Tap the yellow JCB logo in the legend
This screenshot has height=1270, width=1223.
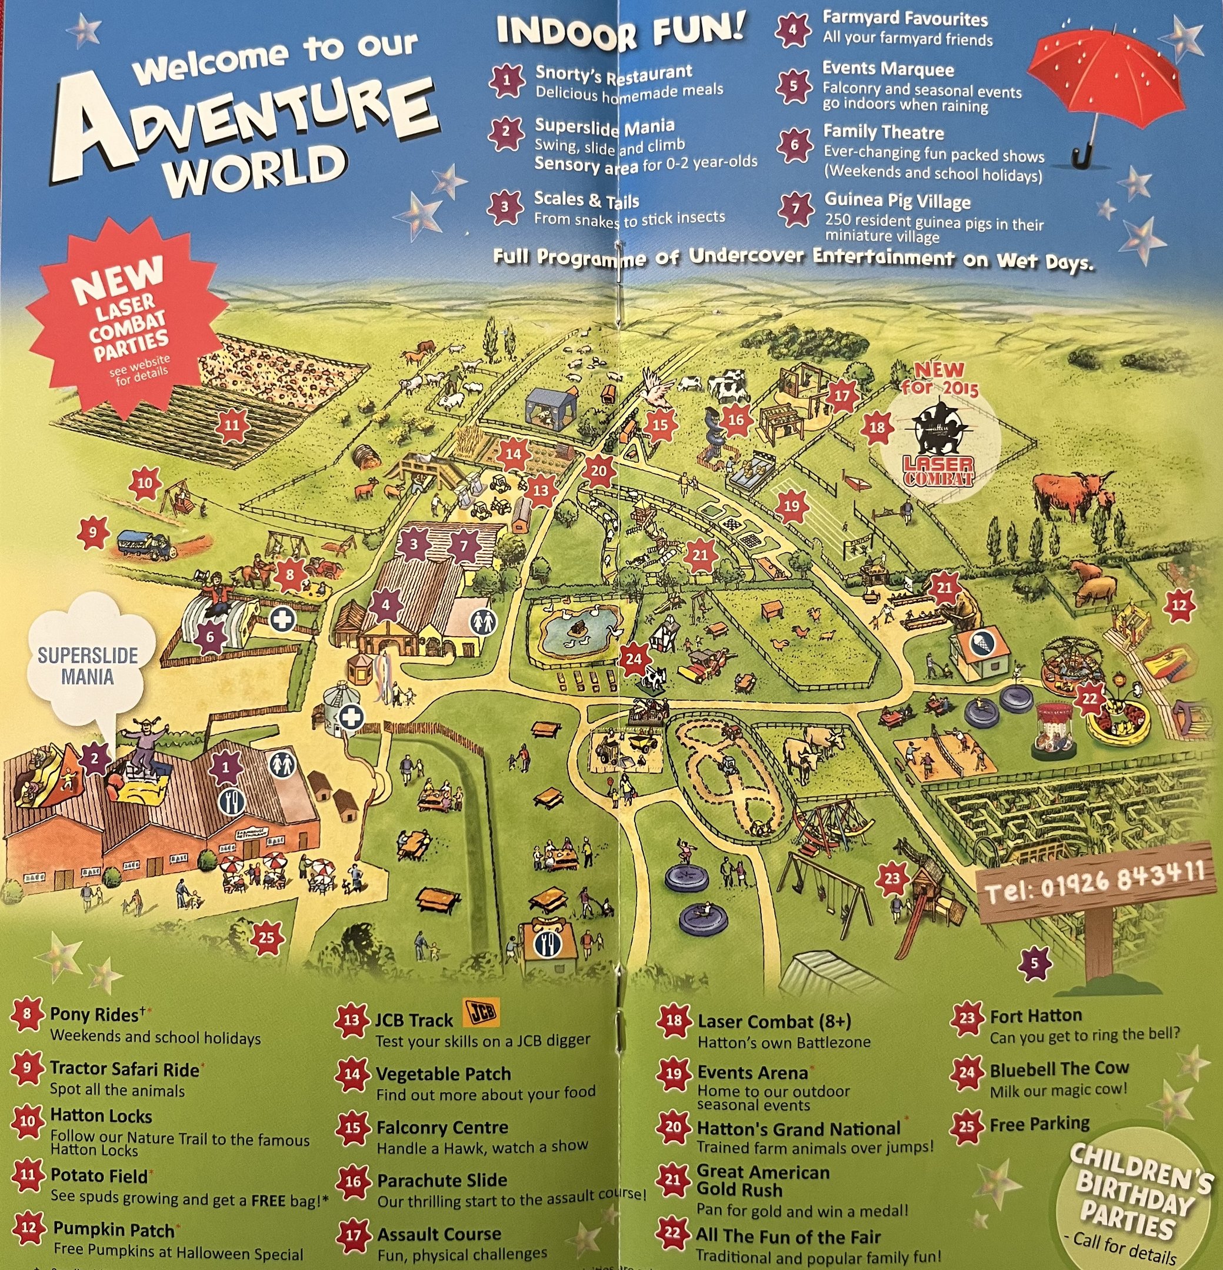pos(481,1014)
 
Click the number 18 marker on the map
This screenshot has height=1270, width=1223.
pos(877,427)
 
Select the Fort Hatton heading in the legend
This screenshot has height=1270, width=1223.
pos(1035,1016)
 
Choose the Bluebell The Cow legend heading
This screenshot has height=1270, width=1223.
pos(1058,1069)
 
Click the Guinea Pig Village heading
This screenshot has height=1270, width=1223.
pos(897,202)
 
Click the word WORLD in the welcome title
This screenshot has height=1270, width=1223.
pos(254,169)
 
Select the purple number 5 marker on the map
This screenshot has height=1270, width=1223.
pos(1034,963)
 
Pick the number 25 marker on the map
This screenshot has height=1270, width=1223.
pos(266,938)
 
